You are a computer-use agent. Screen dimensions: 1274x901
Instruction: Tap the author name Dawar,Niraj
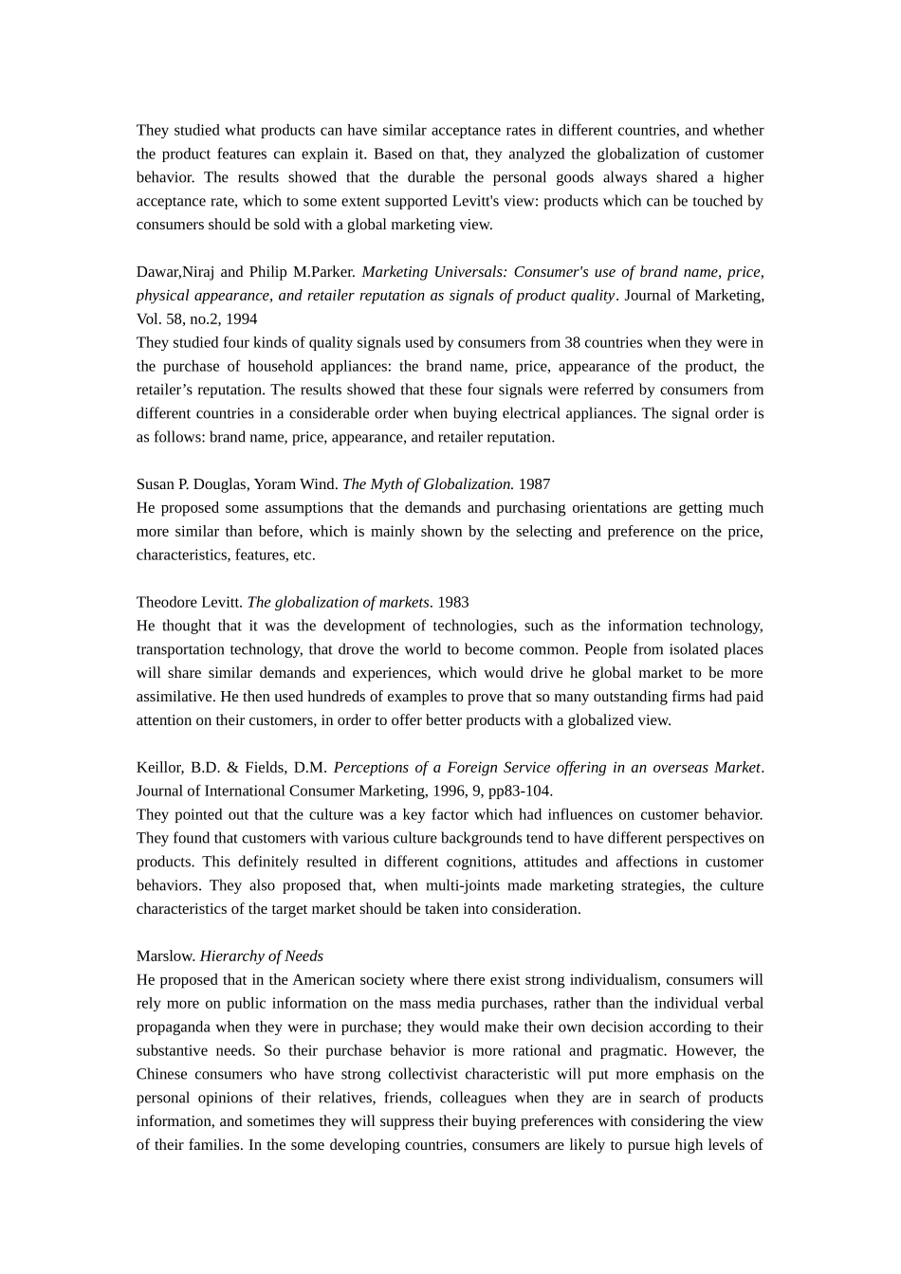pyautogui.click(x=175, y=272)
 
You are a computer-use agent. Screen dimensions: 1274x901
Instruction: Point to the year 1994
pyautogui.click(x=242, y=319)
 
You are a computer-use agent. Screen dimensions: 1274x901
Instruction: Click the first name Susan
pyautogui.click(x=156, y=484)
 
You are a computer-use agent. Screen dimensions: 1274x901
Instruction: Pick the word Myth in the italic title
pyautogui.click(x=385, y=484)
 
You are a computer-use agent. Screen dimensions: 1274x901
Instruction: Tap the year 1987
pyautogui.click(x=534, y=484)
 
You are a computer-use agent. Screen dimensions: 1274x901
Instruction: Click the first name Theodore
pyautogui.click(x=166, y=603)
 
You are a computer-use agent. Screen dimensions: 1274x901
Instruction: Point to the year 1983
pyautogui.click(x=452, y=603)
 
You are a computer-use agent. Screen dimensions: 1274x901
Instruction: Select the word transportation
pyautogui.click(x=180, y=649)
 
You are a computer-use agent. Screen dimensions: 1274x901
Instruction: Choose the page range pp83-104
pyautogui.click(x=520, y=792)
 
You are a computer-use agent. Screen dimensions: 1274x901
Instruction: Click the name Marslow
pyautogui.click(x=165, y=956)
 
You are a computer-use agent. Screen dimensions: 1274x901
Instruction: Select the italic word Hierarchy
pyautogui.click(x=232, y=956)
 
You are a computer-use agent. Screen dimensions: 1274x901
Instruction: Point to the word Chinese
pyautogui.click(x=162, y=1075)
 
